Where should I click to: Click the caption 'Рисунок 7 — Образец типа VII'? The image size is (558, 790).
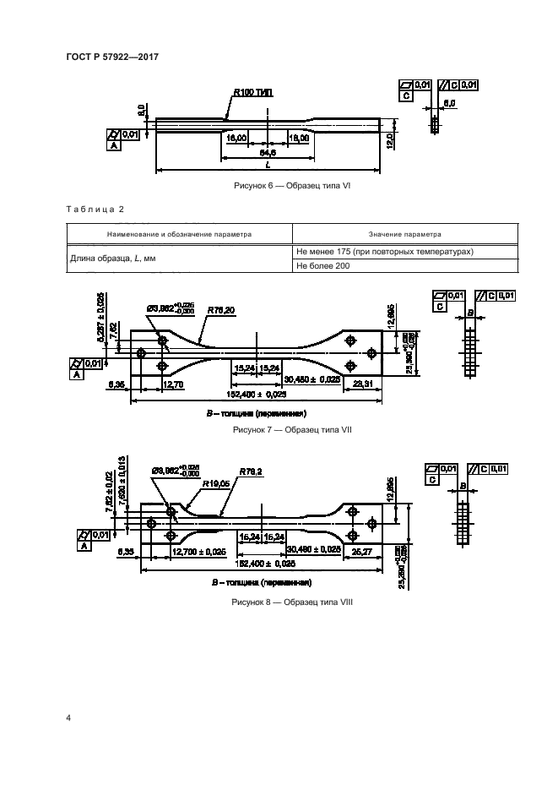click(291, 430)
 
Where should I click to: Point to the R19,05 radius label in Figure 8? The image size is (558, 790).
click(217, 485)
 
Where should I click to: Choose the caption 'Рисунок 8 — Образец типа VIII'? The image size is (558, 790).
click(291, 602)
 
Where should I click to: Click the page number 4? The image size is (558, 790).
click(68, 717)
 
